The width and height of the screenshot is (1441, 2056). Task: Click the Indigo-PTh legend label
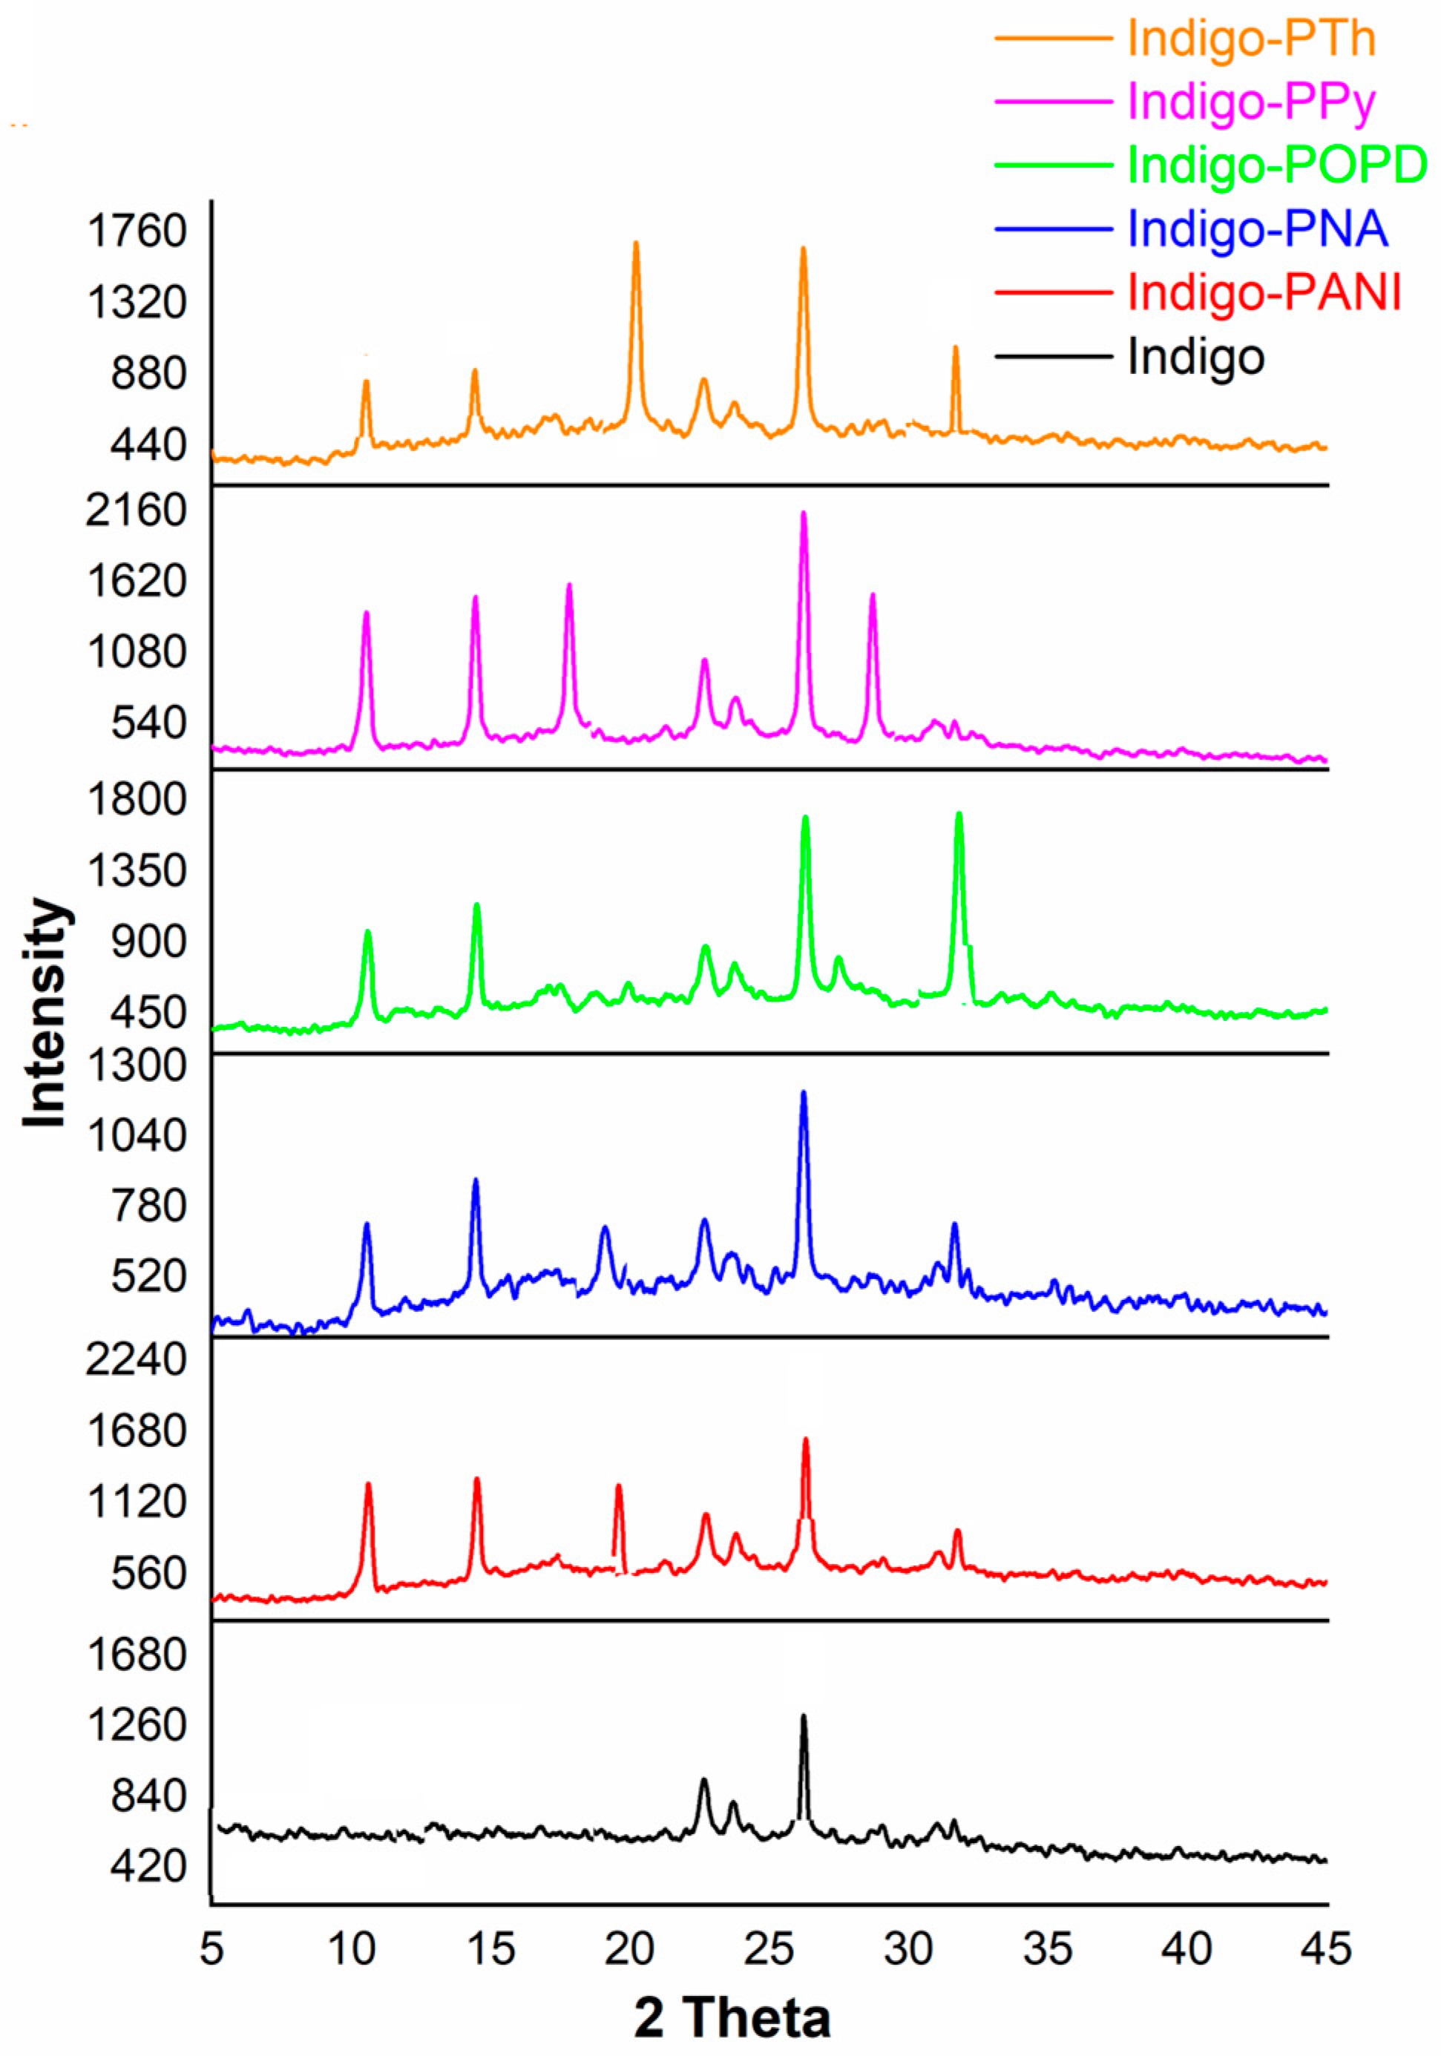coord(1250,39)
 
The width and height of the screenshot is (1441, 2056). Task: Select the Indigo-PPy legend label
coord(1250,101)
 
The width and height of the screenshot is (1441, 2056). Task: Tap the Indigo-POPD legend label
coord(1276,165)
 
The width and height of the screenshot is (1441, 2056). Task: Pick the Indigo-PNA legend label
coord(1256,229)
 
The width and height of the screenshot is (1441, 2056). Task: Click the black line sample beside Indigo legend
coord(1051,356)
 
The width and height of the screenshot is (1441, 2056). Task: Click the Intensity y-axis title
coord(47,1012)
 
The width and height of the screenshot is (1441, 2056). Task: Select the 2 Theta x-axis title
coord(732,2017)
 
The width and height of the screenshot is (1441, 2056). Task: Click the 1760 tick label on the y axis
coord(136,231)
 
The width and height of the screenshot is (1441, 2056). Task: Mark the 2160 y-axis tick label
coord(136,510)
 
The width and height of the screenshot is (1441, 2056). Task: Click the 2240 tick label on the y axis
coord(136,1359)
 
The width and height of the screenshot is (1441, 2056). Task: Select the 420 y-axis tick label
coord(148,1866)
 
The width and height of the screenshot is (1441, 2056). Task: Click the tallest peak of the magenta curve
coord(804,514)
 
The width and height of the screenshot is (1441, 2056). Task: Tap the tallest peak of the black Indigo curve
coord(804,1715)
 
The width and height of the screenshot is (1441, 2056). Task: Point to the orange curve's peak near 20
coord(636,243)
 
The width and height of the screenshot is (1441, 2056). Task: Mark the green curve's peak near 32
coord(959,815)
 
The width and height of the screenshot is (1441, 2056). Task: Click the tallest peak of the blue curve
coord(804,1092)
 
